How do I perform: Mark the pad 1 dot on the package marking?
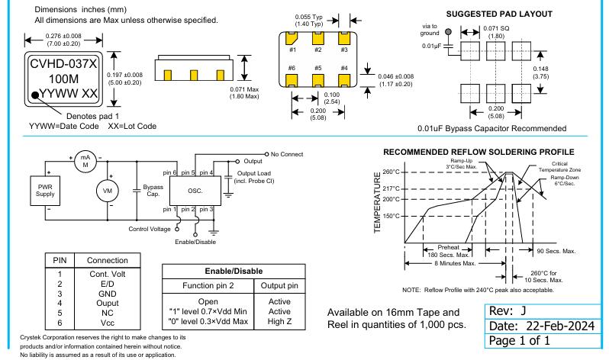(36, 95)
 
